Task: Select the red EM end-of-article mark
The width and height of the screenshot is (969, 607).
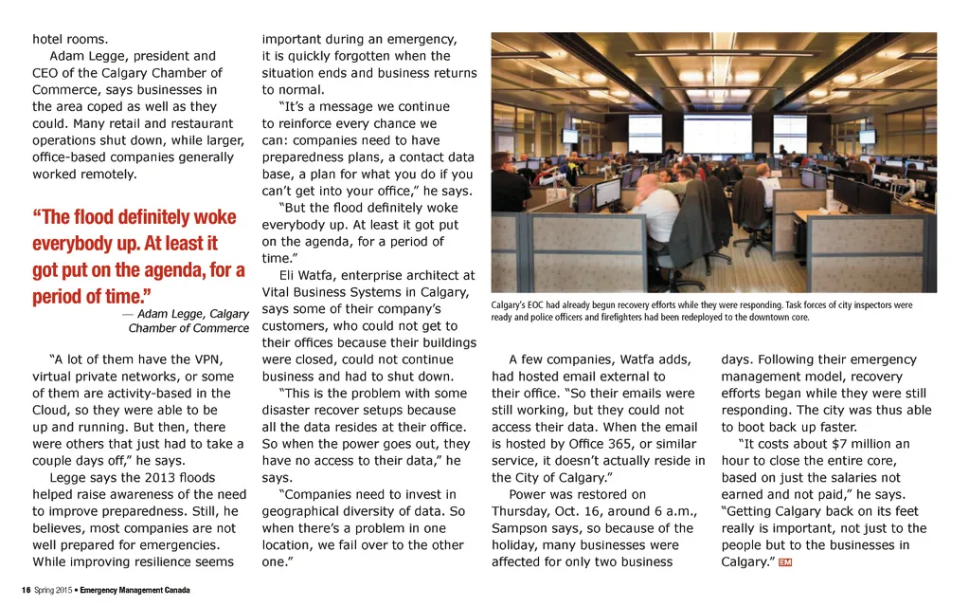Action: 784,562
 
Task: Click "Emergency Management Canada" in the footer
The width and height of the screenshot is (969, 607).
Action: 135,590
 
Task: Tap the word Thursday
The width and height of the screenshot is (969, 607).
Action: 523,511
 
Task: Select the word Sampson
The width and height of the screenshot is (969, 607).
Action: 519,528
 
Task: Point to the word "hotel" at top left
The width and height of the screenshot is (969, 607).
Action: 49,39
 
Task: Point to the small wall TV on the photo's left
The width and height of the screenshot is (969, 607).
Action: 569,136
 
